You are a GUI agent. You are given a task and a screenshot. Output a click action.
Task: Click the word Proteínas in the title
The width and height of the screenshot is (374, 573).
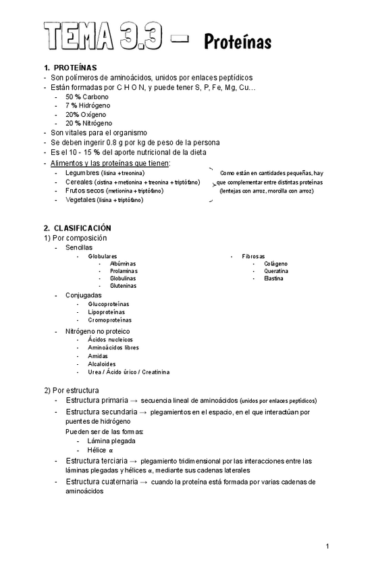[x=238, y=43]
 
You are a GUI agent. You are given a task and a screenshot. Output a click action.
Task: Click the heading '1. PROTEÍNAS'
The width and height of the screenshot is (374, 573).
[x=70, y=68]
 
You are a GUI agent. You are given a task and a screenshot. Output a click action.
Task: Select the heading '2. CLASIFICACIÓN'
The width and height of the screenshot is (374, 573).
[x=78, y=228]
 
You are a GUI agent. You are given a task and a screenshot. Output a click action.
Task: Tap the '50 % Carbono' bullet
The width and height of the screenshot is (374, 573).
[x=86, y=97]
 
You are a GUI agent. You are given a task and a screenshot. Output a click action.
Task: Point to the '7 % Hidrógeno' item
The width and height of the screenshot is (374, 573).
[x=88, y=105]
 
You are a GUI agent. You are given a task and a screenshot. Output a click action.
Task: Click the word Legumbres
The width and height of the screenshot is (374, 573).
[x=82, y=173]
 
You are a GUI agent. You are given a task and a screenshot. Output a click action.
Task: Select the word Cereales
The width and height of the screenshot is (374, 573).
[x=80, y=182]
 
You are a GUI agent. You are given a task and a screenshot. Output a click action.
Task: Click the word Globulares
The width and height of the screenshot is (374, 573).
[x=103, y=257]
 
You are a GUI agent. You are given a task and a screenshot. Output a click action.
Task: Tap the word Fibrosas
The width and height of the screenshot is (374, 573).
[x=254, y=257]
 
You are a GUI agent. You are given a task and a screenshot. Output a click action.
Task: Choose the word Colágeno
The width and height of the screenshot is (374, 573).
[x=275, y=264]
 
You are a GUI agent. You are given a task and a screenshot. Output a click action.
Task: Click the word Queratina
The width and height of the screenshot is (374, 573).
[x=276, y=272]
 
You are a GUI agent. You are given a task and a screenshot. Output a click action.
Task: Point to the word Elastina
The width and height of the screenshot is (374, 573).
[x=273, y=278]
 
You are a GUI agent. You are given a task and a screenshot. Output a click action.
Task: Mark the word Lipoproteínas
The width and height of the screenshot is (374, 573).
[x=106, y=312]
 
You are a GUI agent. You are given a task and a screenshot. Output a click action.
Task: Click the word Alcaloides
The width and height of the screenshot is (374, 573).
[x=102, y=364]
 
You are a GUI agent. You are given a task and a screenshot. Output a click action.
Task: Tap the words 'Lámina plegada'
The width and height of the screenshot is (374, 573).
[x=111, y=441]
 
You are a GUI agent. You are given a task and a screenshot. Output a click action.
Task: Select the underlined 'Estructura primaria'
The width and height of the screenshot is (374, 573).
[x=97, y=400]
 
